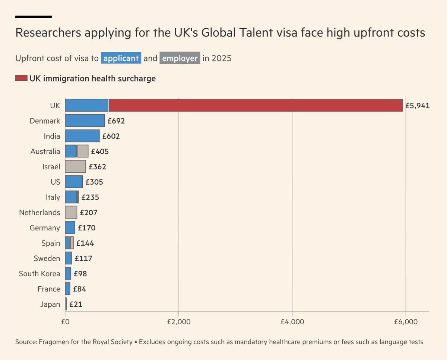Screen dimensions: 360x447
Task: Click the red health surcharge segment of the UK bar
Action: pos(256,105)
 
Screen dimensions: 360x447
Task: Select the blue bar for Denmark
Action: pos(85,121)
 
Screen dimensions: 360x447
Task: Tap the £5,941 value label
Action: pos(418,106)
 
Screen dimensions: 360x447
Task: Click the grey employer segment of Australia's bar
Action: pos(83,151)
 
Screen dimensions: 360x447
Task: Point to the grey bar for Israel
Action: pos(75,166)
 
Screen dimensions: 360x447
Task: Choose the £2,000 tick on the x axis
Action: pos(179,321)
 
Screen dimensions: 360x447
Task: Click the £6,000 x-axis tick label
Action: pos(405,321)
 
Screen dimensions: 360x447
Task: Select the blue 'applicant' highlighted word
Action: pos(121,58)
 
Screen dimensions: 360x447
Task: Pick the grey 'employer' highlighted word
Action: pos(180,58)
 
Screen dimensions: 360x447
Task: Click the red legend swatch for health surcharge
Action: pos(21,78)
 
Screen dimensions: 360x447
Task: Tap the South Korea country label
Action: pos(39,274)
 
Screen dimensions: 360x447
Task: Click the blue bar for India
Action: pos(82,136)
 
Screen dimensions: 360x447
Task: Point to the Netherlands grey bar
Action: pos(71,212)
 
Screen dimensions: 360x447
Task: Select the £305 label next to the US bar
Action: pos(94,182)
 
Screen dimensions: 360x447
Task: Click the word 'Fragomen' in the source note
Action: pos(52,342)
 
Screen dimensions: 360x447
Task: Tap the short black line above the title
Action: pos(34,17)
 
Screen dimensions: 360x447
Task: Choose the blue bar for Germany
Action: pos(70,227)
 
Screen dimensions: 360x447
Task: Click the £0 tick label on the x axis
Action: pos(65,321)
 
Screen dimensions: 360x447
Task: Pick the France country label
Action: pos(49,289)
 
